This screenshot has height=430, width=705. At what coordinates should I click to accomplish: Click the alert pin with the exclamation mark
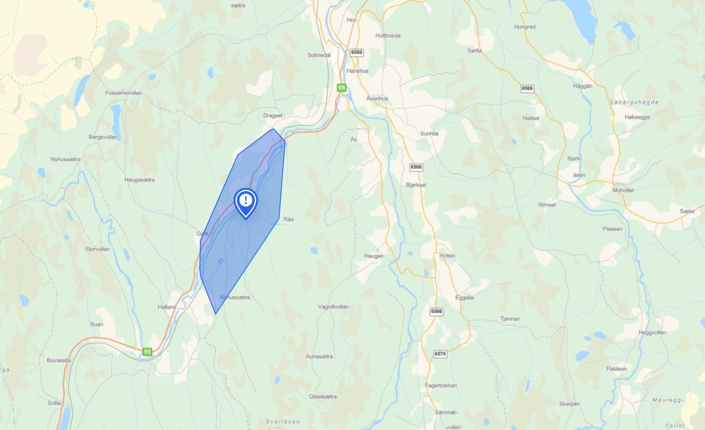click(245, 201)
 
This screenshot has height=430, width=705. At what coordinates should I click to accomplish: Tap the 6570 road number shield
click(440, 354)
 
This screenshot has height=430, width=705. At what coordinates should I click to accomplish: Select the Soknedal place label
click(319, 55)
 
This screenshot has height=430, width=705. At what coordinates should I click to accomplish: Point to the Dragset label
click(273, 115)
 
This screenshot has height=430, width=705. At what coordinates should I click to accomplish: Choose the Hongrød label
click(525, 26)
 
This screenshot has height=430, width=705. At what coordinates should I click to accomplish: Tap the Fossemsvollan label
click(123, 93)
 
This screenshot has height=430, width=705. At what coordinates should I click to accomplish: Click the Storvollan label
click(97, 248)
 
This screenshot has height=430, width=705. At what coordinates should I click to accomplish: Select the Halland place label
click(167, 307)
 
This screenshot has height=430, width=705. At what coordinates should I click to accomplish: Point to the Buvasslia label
click(59, 360)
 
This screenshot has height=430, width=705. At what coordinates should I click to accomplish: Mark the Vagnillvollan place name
click(333, 307)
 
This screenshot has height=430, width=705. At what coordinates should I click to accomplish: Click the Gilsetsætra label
click(323, 396)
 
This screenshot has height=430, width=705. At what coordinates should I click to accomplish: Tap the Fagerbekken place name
click(441, 386)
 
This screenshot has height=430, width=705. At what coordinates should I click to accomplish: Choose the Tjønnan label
click(510, 319)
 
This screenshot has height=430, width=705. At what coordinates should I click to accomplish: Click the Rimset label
click(547, 205)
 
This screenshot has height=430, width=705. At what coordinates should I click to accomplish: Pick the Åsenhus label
click(377, 98)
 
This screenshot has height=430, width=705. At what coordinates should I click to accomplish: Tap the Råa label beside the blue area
click(289, 219)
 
